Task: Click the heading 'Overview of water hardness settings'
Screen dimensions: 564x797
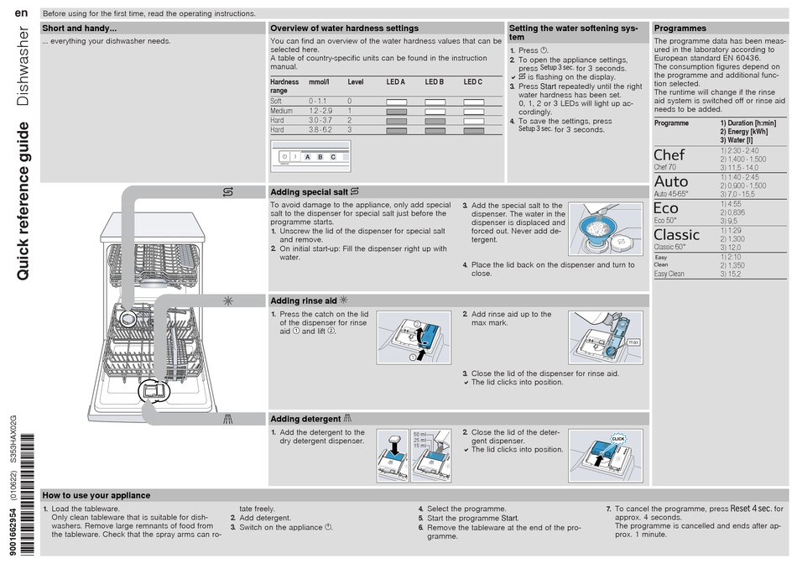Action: (344, 28)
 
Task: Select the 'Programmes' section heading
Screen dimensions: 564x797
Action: (680, 28)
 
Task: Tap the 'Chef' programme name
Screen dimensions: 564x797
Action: (669, 155)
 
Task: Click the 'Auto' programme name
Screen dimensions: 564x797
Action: (670, 181)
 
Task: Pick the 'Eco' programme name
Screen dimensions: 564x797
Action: (666, 208)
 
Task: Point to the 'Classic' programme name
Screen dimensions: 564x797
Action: (676, 234)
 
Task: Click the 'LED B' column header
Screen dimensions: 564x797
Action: (434, 82)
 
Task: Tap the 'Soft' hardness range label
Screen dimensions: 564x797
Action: (277, 101)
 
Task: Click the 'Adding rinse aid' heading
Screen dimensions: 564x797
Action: (304, 300)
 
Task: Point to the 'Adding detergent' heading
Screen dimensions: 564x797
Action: (305, 419)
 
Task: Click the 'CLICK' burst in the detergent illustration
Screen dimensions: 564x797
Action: (618, 438)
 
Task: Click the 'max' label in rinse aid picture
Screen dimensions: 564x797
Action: (633, 342)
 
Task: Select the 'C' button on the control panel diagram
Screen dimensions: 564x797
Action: (332, 157)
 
